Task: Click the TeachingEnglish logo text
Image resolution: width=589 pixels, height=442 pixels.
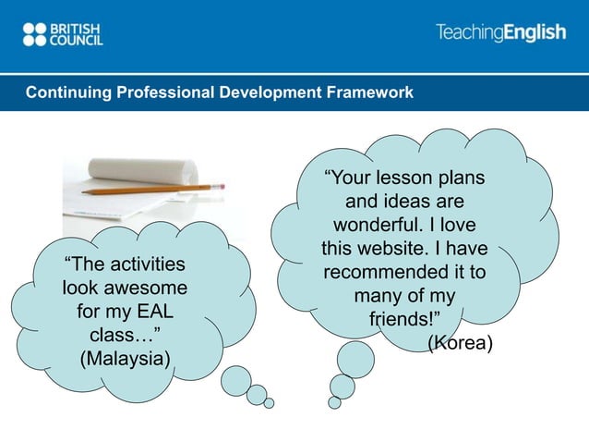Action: click(x=500, y=33)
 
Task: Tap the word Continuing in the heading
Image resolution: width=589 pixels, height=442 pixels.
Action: click(x=64, y=93)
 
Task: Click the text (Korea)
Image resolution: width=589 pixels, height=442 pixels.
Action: click(x=460, y=344)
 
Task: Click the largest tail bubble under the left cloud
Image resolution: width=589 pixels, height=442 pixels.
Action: click(x=235, y=379)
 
